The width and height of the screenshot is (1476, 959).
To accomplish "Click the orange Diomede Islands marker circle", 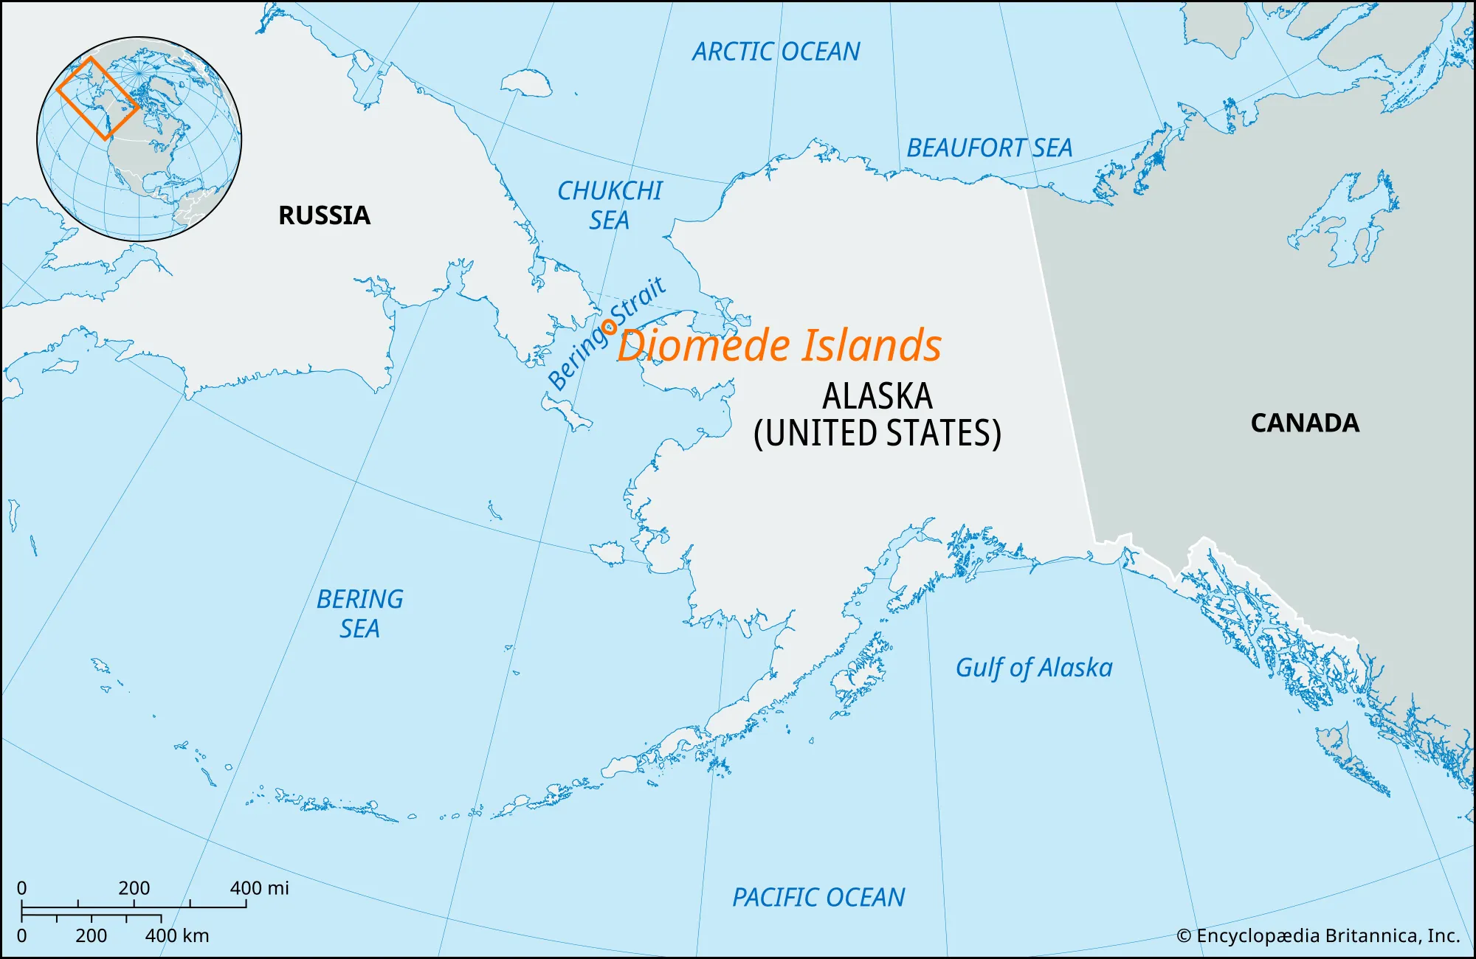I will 610,326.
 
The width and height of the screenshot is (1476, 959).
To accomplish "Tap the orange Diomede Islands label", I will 779,346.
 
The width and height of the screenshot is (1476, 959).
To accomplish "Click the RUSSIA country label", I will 324,215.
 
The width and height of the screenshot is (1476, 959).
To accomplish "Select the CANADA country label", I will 1304,423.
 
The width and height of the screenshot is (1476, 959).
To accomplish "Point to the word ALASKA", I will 877,396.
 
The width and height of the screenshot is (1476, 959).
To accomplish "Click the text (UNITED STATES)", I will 877,433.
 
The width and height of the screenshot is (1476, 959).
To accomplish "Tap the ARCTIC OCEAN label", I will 776,52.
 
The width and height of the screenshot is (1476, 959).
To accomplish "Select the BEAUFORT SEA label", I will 989,148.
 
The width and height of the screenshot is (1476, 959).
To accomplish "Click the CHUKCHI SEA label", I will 610,205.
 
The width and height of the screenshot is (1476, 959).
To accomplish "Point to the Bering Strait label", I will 607,333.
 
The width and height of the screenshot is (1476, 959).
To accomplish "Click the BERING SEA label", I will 359,614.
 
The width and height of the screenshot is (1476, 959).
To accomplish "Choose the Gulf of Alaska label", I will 1033,668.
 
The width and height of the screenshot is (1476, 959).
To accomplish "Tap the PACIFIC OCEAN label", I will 818,898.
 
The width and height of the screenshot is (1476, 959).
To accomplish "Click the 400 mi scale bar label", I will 259,888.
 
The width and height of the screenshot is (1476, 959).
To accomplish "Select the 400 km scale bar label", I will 177,935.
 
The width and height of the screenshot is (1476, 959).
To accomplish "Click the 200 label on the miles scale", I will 134,888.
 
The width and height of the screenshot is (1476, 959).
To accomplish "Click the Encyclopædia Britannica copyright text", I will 1318,935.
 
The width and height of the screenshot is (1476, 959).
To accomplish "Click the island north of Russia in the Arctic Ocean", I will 525,82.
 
